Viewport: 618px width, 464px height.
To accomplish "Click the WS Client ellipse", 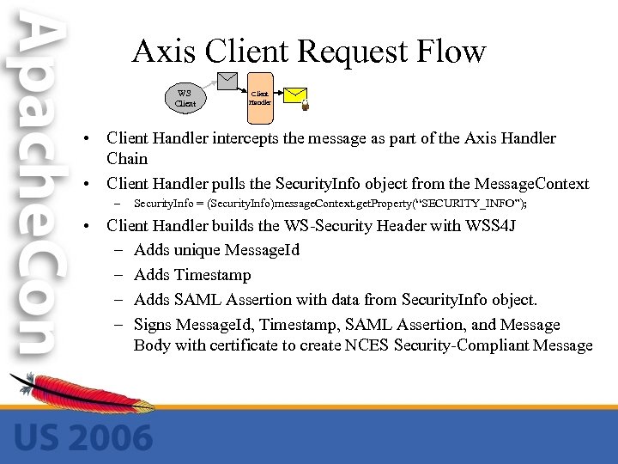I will [185, 98].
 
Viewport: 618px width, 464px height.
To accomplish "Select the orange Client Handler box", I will [259, 97].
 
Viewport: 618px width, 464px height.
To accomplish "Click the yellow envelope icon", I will [294, 95].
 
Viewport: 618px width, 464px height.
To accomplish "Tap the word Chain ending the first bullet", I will [127, 159].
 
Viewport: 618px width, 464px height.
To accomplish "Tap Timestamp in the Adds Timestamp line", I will [212, 276].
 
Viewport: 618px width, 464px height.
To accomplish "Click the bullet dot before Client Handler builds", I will [90, 227].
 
